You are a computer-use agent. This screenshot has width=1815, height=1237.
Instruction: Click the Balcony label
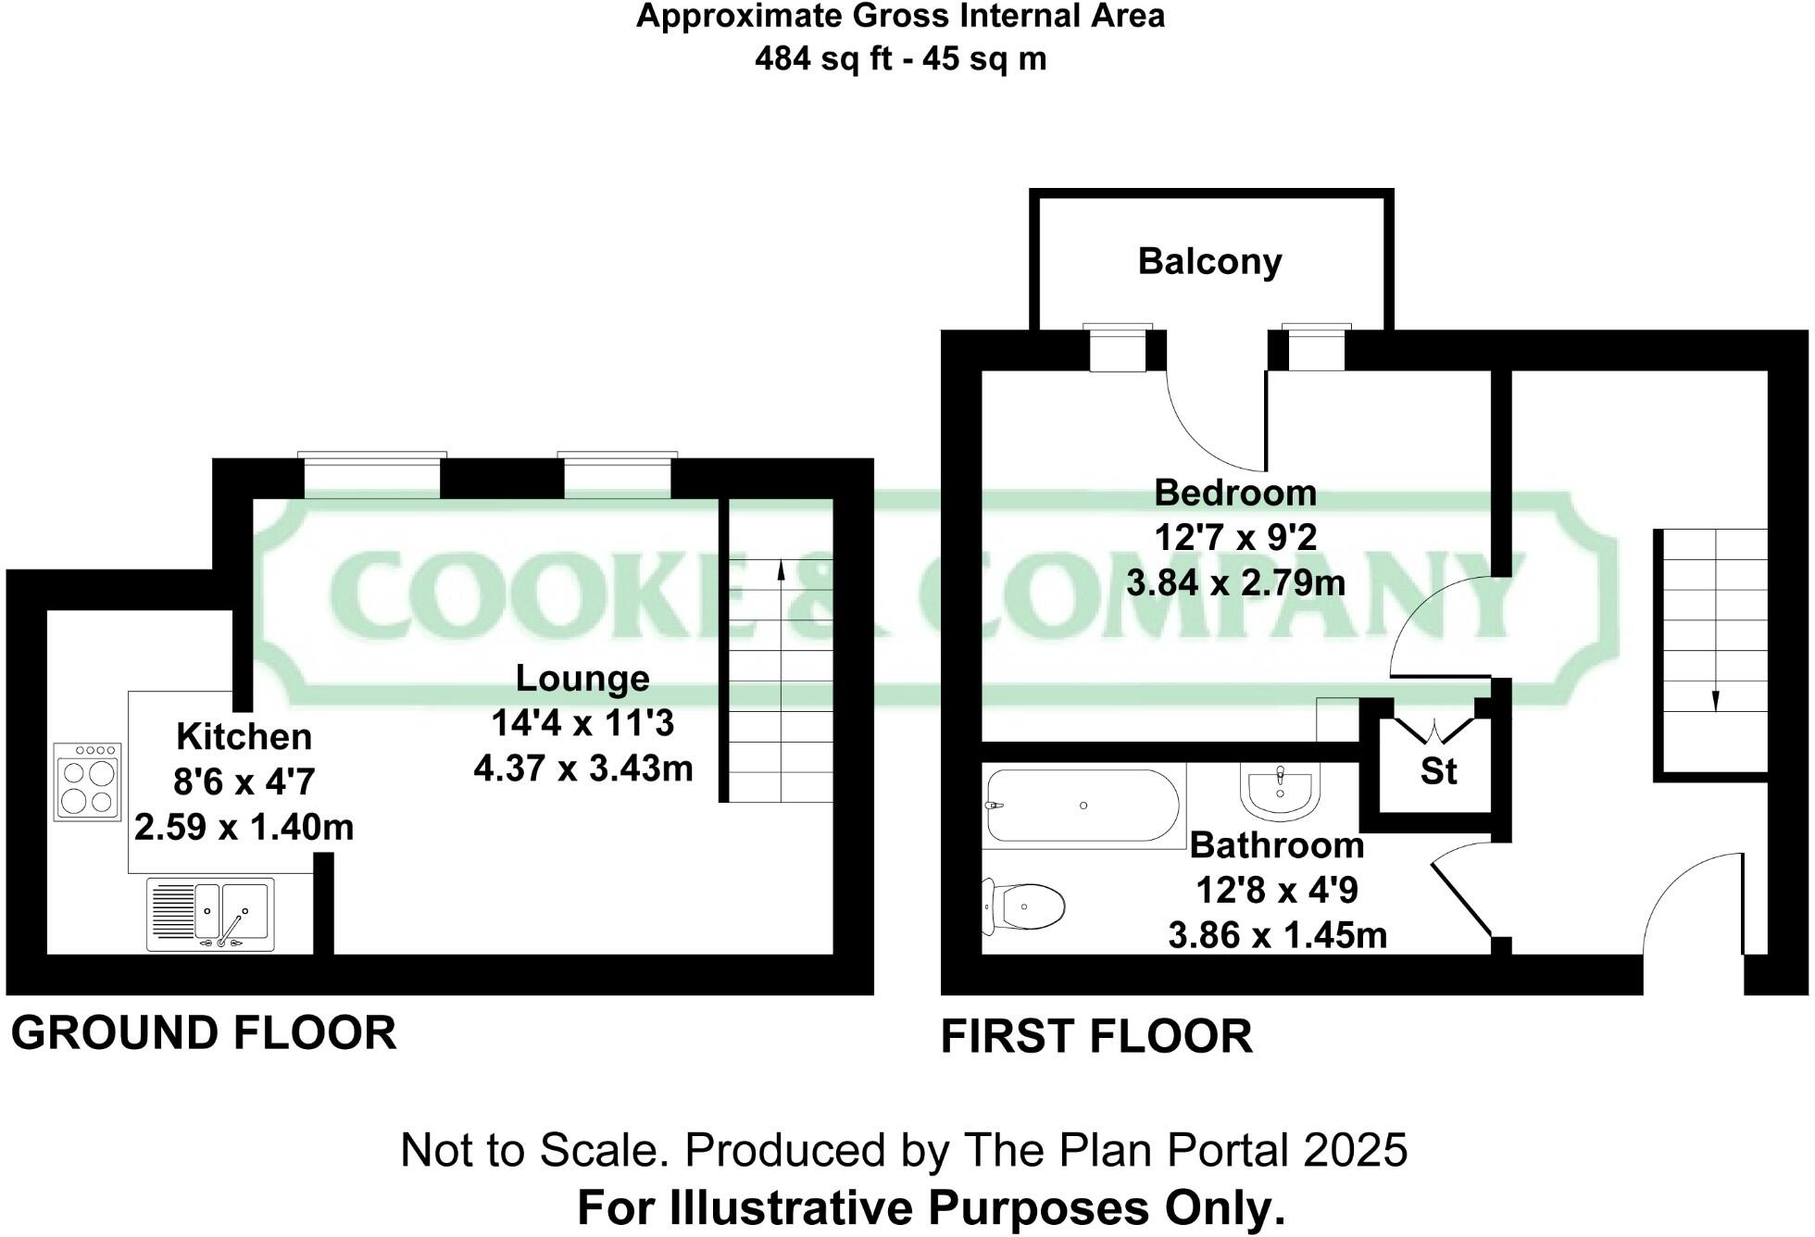1209,261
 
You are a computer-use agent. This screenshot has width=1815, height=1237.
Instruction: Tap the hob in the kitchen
87,782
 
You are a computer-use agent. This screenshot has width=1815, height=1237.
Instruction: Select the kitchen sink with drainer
210,914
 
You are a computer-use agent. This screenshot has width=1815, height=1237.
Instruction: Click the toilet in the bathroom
1024,906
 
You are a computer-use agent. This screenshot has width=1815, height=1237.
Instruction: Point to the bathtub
1083,806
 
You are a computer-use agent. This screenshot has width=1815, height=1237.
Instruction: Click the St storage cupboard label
1437,771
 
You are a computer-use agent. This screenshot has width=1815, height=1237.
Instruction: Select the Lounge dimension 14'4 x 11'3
582,723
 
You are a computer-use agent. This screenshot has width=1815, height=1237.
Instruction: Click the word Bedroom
1234,493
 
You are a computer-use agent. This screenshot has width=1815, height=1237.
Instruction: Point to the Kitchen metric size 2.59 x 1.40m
244,827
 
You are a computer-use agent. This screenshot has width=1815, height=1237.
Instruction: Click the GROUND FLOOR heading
204,1032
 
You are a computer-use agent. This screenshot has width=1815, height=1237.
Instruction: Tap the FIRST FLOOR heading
1096,1036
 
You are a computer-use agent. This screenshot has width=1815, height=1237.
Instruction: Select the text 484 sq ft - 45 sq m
900,59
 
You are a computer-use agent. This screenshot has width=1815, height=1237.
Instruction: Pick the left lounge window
371,477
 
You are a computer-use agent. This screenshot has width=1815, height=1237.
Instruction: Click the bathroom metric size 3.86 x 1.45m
1277,935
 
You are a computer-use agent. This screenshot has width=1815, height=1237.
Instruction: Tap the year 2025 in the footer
1356,1151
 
